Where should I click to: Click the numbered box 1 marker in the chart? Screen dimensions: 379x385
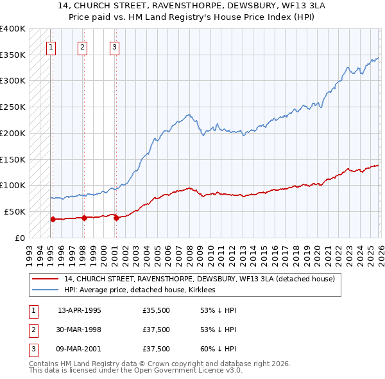[51, 46]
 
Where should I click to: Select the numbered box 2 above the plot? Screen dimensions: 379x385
[83, 46]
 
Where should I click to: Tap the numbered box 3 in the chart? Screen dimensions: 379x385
[114, 46]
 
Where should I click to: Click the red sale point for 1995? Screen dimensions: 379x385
[53, 219]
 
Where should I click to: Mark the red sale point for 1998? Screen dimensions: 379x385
[84, 218]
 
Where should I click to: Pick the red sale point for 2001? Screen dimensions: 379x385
[116, 218]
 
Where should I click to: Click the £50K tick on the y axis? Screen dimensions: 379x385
[14, 211]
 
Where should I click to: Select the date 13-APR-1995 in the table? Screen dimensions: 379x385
[80, 310]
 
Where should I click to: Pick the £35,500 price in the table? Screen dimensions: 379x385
[157, 310]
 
